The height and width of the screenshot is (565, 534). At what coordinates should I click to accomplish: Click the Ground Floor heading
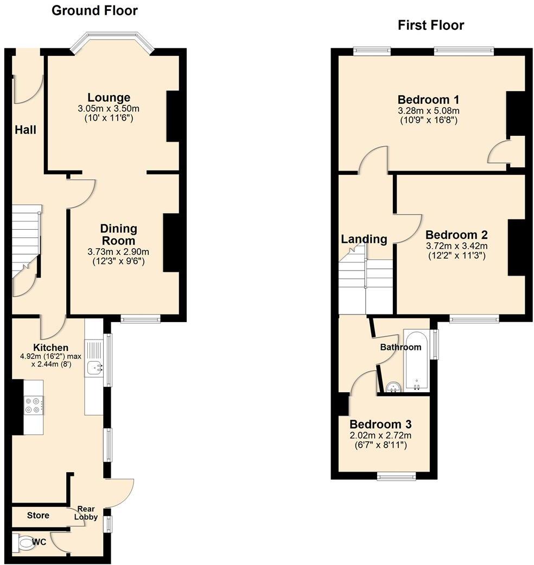[94, 10]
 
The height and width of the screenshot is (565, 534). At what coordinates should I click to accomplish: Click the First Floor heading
[430, 25]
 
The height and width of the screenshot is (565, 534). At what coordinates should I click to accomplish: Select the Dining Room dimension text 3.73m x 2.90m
[118, 252]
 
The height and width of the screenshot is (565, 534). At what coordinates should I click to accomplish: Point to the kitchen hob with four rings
[32, 405]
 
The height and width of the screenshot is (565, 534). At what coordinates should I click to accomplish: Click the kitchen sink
[95, 368]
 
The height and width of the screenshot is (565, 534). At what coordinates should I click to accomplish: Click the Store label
[38, 515]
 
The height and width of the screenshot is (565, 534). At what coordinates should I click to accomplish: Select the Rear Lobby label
[87, 513]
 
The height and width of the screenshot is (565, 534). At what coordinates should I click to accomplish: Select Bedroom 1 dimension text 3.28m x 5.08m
[428, 111]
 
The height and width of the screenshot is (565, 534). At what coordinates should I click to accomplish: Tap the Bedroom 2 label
[456, 235]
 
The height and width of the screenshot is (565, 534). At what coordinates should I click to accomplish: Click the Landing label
[364, 239]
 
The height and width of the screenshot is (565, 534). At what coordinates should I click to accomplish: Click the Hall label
[26, 130]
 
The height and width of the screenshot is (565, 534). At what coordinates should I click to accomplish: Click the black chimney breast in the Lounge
[173, 116]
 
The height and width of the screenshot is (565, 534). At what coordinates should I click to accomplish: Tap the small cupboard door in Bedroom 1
[499, 155]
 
